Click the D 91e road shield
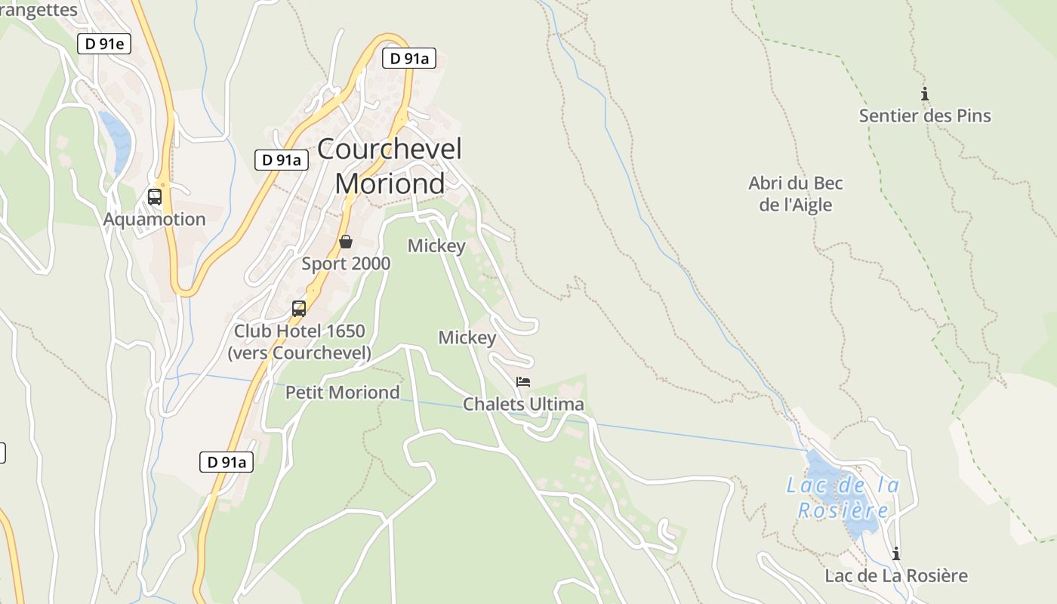[x=104, y=44]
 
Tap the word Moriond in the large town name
[x=390, y=183]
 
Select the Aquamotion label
[x=154, y=219]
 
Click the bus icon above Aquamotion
[x=155, y=197]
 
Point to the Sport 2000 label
[x=346, y=263]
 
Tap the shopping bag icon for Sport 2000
[x=346, y=242]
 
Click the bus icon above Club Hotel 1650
[x=299, y=308]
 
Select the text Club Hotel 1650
[x=299, y=331]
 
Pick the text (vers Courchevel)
[x=299, y=353]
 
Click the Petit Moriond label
[x=342, y=393]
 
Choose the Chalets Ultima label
[x=523, y=404]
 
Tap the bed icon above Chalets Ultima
[x=523, y=382]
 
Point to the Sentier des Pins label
[x=925, y=116]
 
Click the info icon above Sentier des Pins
[x=924, y=94]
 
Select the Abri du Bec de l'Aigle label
[x=796, y=194]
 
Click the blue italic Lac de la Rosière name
[x=843, y=498]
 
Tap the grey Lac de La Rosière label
[x=895, y=575]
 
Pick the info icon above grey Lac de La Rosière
[x=896, y=553]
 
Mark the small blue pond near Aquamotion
[x=116, y=140]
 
